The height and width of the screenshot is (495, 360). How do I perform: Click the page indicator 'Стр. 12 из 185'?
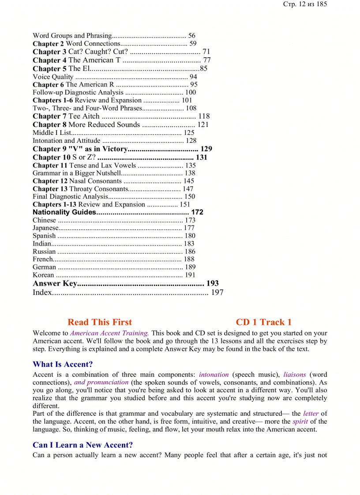pos(305,4)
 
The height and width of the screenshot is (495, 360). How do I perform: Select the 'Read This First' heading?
pos(100,322)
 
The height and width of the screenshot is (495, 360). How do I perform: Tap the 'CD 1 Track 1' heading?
pos(263,322)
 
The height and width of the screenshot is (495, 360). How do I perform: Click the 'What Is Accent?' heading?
pos(63,364)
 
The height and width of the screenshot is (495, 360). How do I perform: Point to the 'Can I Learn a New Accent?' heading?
pos(82,445)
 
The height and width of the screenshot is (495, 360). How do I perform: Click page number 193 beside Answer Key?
pos(212,283)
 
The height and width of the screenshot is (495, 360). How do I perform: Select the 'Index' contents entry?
pos(42,292)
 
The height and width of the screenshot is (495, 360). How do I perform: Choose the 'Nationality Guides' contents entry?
pos(64,212)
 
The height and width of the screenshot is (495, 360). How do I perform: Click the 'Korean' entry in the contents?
pos(43,275)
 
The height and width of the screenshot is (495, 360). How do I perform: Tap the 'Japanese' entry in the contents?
pos(45,228)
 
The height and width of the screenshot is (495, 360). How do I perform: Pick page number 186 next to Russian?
pos(190,251)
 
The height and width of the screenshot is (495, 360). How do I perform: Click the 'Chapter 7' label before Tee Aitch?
pos(49,116)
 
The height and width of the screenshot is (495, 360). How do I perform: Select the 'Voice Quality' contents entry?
pos(53,77)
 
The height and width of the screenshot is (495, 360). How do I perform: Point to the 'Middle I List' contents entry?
pos(52,132)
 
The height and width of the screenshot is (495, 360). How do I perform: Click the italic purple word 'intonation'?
pos(214,375)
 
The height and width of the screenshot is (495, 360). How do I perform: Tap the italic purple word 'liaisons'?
pos(294,375)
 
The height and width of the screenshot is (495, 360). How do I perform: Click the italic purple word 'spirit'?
pos(300,421)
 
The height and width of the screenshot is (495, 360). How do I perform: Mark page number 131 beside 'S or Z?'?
pos(202,157)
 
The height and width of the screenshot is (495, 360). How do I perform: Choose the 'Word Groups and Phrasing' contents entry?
pos(72,36)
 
